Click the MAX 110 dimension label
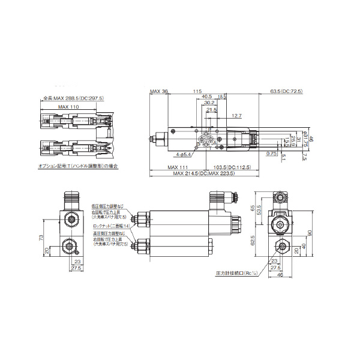68,106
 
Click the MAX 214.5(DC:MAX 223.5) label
202,173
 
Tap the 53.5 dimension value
259,211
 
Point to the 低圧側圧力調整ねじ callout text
110,205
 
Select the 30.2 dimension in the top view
209,103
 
